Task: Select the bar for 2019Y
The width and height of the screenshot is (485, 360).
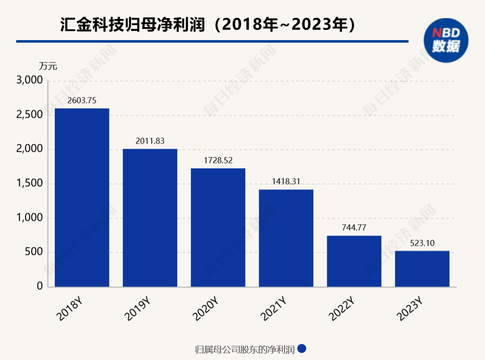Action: [x=150, y=218]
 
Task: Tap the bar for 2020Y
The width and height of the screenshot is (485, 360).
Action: [x=218, y=227]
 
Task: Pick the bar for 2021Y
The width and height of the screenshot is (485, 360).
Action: [x=286, y=238]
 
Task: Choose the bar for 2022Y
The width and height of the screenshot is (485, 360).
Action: [x=354, y=261]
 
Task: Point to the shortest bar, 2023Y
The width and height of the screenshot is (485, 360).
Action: [x=422, y=269]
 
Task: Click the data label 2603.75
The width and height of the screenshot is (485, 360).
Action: [x=82, y=100]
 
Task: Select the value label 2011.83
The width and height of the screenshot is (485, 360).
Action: [x=150, y=141]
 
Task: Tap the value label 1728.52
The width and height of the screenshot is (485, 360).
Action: [x=218, y=160]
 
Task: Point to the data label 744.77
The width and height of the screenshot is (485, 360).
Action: [x=354, y=228]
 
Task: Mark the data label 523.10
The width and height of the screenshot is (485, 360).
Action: [x=422, y=243]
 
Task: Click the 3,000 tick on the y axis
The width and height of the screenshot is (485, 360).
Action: [x=29, y=81]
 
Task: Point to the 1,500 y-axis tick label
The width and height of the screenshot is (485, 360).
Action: [x=29, y=184]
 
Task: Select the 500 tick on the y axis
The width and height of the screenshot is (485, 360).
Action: [x=34, y=252]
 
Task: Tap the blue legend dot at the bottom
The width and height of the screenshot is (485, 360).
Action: [x=302, y=348]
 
